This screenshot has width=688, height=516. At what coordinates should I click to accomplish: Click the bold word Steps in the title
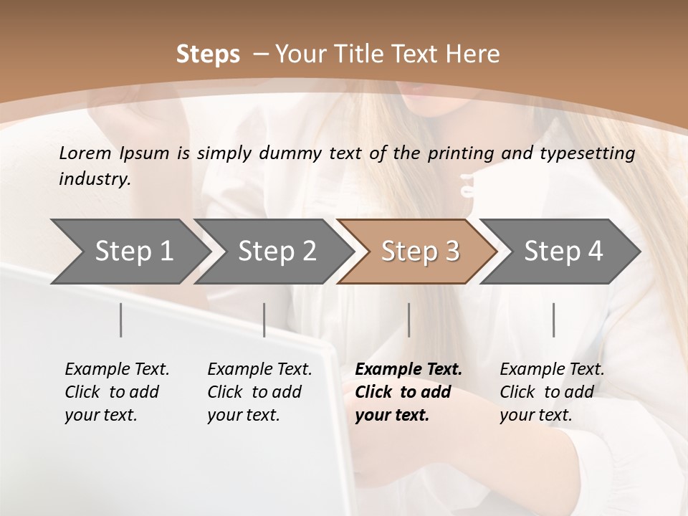pos(208,54)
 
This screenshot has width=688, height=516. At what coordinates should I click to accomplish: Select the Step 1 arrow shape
pos(129,252)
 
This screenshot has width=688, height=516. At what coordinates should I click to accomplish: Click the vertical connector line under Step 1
pos(121,320)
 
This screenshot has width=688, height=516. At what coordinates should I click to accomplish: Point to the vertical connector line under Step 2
pos(264,320)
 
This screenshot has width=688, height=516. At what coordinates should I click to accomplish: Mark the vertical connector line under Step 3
pos(409,320)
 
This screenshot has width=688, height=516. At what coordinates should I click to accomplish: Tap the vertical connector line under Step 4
pos(553,320)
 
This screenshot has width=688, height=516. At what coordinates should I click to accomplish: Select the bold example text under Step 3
pos(408,392)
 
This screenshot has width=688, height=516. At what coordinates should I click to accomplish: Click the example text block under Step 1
pos(117,392)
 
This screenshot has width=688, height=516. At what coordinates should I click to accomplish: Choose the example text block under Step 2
pos(259,392)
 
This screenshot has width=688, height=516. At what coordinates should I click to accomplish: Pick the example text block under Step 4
pos(552,392)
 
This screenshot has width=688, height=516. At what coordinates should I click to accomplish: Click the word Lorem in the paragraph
pos(85,153)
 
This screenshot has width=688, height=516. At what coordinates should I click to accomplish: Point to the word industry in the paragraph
pos(94,179)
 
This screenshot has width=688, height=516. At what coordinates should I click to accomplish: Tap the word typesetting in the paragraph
pos(594,153)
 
